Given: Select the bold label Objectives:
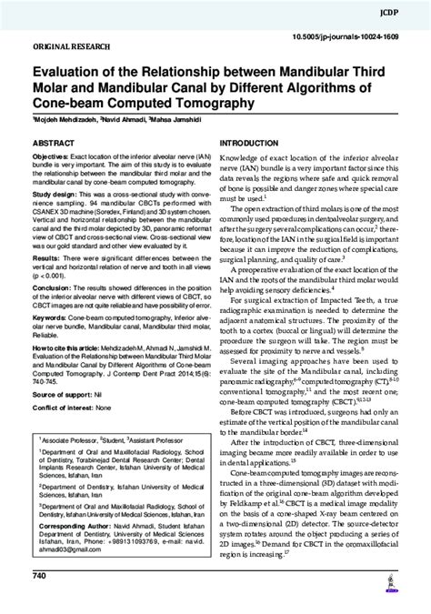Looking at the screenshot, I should pos(57,157).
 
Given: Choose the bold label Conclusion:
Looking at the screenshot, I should pos(55,287).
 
